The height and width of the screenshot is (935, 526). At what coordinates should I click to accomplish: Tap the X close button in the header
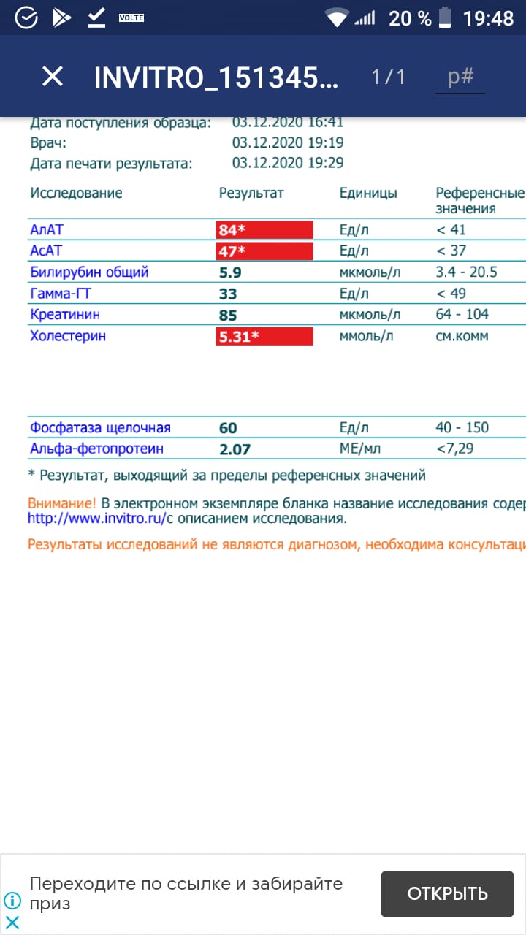tap(53, 77)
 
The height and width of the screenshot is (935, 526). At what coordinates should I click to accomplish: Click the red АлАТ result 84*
tap(264, 230)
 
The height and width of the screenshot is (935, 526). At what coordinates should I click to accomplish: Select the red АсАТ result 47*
tap(264, 251)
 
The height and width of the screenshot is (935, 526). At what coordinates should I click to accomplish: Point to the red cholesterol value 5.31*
tap(264, 337)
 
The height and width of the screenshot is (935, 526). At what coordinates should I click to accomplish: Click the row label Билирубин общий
tap(89, 272)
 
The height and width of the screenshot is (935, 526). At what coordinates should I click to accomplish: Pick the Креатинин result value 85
tap(228, 316)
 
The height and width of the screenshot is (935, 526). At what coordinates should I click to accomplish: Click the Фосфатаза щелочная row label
tap(100, 428)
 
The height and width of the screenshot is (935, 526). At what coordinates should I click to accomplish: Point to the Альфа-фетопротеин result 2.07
tap(235, 449)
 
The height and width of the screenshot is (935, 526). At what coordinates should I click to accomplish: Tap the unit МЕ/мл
tap(360, 449)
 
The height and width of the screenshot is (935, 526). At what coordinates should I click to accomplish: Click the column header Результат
tap(251, 194)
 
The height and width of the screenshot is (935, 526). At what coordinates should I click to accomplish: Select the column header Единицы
tap(368, 194)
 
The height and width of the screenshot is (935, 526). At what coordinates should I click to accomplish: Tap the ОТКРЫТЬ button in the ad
tap(447, 893)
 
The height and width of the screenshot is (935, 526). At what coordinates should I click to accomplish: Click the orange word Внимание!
tap(61, 503)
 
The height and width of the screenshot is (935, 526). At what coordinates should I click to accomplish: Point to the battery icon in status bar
tap(446, 18)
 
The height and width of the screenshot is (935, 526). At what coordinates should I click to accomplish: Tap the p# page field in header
tap(460, 77)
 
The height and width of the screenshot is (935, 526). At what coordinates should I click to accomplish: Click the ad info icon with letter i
tap(12, 900)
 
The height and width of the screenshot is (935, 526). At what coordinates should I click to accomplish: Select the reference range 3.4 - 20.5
tap(466, 272)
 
